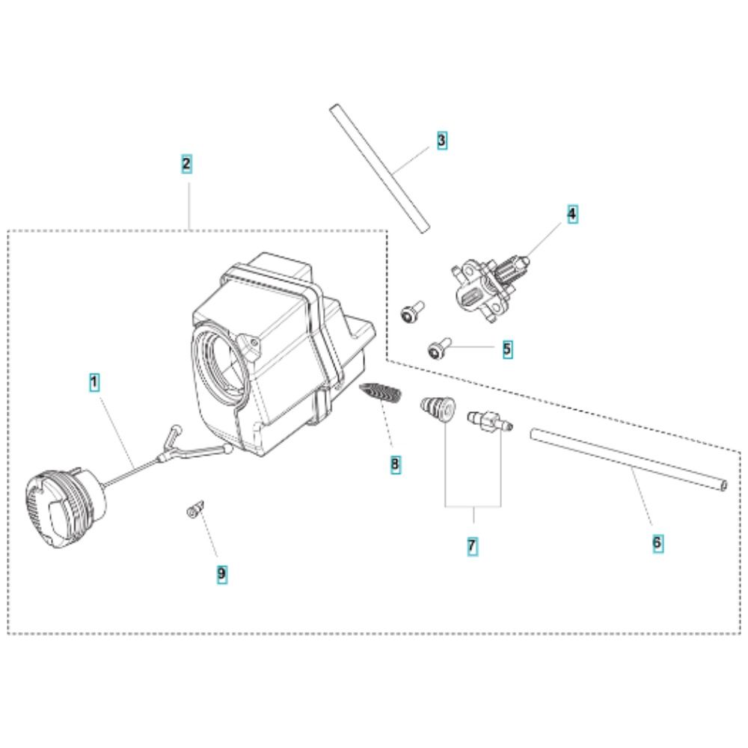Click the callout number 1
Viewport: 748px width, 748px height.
tap(94, 382)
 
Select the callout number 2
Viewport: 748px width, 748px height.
tap(186, 164)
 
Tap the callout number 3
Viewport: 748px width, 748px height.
tap(442, 141)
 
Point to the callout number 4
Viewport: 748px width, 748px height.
tap(572, 214)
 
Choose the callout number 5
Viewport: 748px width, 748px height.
tap(507, 349)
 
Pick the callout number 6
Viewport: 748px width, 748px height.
tap(657, 543)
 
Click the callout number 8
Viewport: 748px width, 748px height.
tap(395, 464)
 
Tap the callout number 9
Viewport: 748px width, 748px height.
tap(222, 574)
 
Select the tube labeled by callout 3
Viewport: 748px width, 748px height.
tap(380, 168)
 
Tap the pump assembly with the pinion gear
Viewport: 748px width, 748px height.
tap(490, 286)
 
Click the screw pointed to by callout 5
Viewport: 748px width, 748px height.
tap(439, 349)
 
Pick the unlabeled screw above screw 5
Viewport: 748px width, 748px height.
tap(411, 311)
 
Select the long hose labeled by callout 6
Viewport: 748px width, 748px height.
tap(629, 459)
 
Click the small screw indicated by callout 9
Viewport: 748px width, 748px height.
tap(195, 509)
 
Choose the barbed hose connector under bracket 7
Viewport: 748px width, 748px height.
tap(490, 419)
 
